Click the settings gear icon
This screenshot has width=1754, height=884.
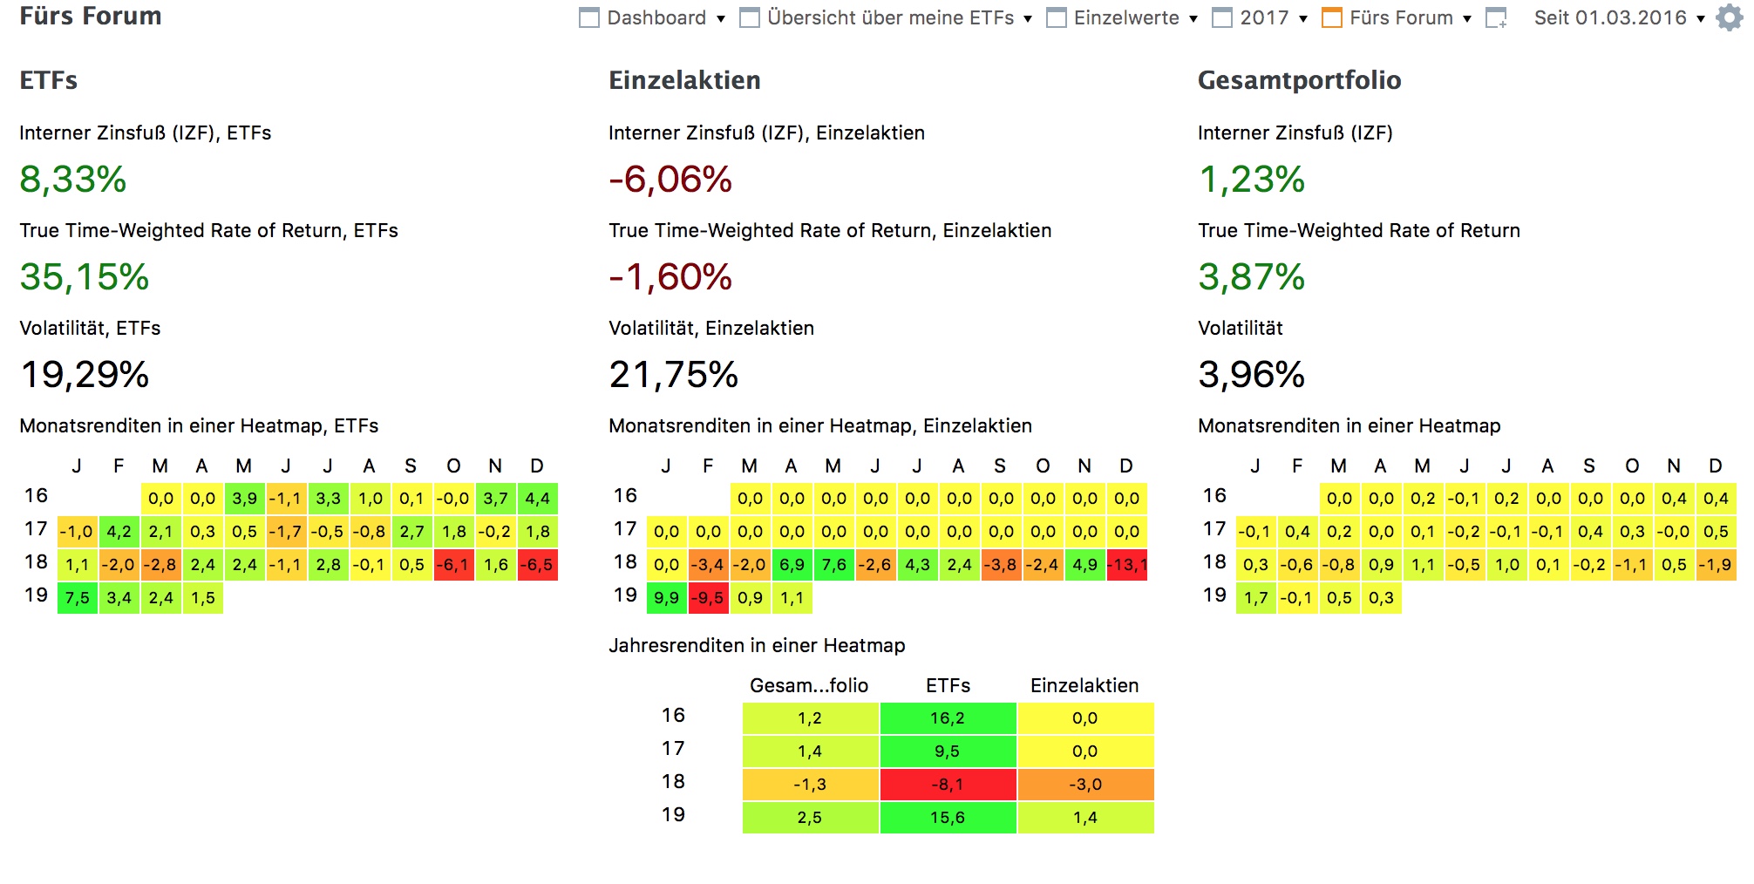point(1729,17)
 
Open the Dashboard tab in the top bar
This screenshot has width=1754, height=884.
point(656,17)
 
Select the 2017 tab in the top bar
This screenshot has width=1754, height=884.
point(1264,17)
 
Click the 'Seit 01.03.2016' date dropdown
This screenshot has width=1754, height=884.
point(1618,17)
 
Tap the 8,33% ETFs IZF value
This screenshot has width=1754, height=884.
point(73,180)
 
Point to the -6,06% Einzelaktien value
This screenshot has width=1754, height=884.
point(670,180)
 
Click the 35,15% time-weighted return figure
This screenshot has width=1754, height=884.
point(85,277)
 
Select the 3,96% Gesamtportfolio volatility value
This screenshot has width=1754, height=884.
point(1251,375)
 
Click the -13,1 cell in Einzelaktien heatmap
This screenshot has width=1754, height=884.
point(1126,565)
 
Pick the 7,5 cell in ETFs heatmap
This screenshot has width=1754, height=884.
point(78,598)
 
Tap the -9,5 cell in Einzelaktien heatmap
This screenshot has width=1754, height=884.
point(708,598)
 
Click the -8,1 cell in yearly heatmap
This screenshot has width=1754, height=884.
point(948,785)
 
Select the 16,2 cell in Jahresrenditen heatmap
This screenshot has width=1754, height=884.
point(948,718)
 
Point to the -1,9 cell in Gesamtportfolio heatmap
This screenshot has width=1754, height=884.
point(1715,565)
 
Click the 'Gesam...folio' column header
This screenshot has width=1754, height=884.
point(809,685)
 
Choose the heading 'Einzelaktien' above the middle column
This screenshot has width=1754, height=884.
point(684,80)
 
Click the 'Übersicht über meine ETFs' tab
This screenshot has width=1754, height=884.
point(890,17)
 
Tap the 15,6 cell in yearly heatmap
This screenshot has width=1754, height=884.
point(948,818)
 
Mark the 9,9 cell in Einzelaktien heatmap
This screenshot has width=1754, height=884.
point(666,598)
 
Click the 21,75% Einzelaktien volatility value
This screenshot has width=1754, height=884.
point(673,375)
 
